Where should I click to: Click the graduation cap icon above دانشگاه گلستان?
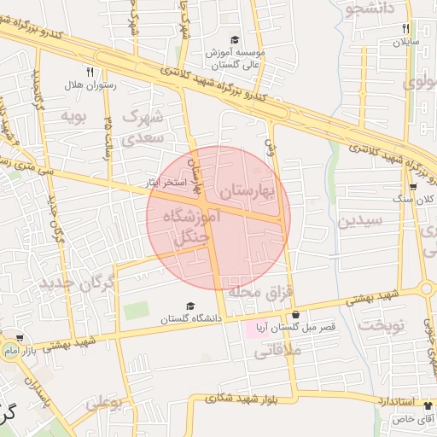pyautogui.click(x=190, y=306)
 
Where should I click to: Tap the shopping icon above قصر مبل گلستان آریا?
pyautogui.click(x=295, y=314)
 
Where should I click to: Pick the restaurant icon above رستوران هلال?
pyautogui.click(x=89, y=72)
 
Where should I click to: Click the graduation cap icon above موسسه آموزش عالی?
pyautogui.click(x=236, y=39)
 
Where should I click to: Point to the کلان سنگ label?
pyautogui.click(x=416, y=200)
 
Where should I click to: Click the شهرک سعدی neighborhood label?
pyautogui.click(x=140, y=126)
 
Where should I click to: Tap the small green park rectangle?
pyautogui.click(x=136, y=311)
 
